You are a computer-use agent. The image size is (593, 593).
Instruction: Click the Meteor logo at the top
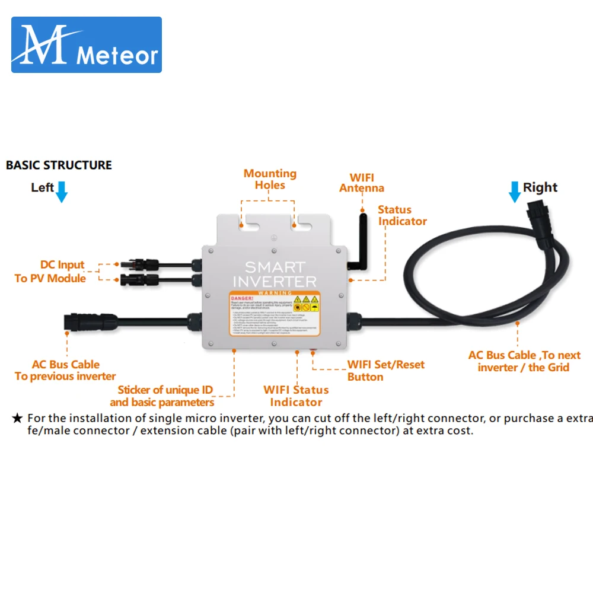pyautogui.click(x=87, y=45)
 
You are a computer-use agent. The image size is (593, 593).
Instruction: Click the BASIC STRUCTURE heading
pyautogui.click(x=59, y=165)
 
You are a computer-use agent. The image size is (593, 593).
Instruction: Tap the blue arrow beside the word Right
pyautogui.click(x=514, y=192)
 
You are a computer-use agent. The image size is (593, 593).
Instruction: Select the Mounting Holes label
pyautogui.click(x=270, y=179)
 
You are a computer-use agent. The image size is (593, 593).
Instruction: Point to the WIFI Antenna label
pyautogui.click(x=362, y=183)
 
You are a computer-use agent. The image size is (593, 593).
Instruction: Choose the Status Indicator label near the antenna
pyautogui.click(x=402, y=215)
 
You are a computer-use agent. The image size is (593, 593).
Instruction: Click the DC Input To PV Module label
pyautogui.click(x=52, y=272)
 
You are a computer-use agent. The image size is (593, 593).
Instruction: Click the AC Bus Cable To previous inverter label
pyautogui.click(x=65, y=371)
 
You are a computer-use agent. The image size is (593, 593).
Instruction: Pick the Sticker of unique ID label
pyautogui.click(x=165, y=396)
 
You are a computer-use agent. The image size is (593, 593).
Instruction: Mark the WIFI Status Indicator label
pyautogui.click(x=296, y=396)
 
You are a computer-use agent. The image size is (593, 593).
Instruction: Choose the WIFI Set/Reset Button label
pyautogui.click(x=385, y=371)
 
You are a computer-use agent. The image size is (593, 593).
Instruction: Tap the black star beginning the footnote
pyautogui.click(x=17, y=418)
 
